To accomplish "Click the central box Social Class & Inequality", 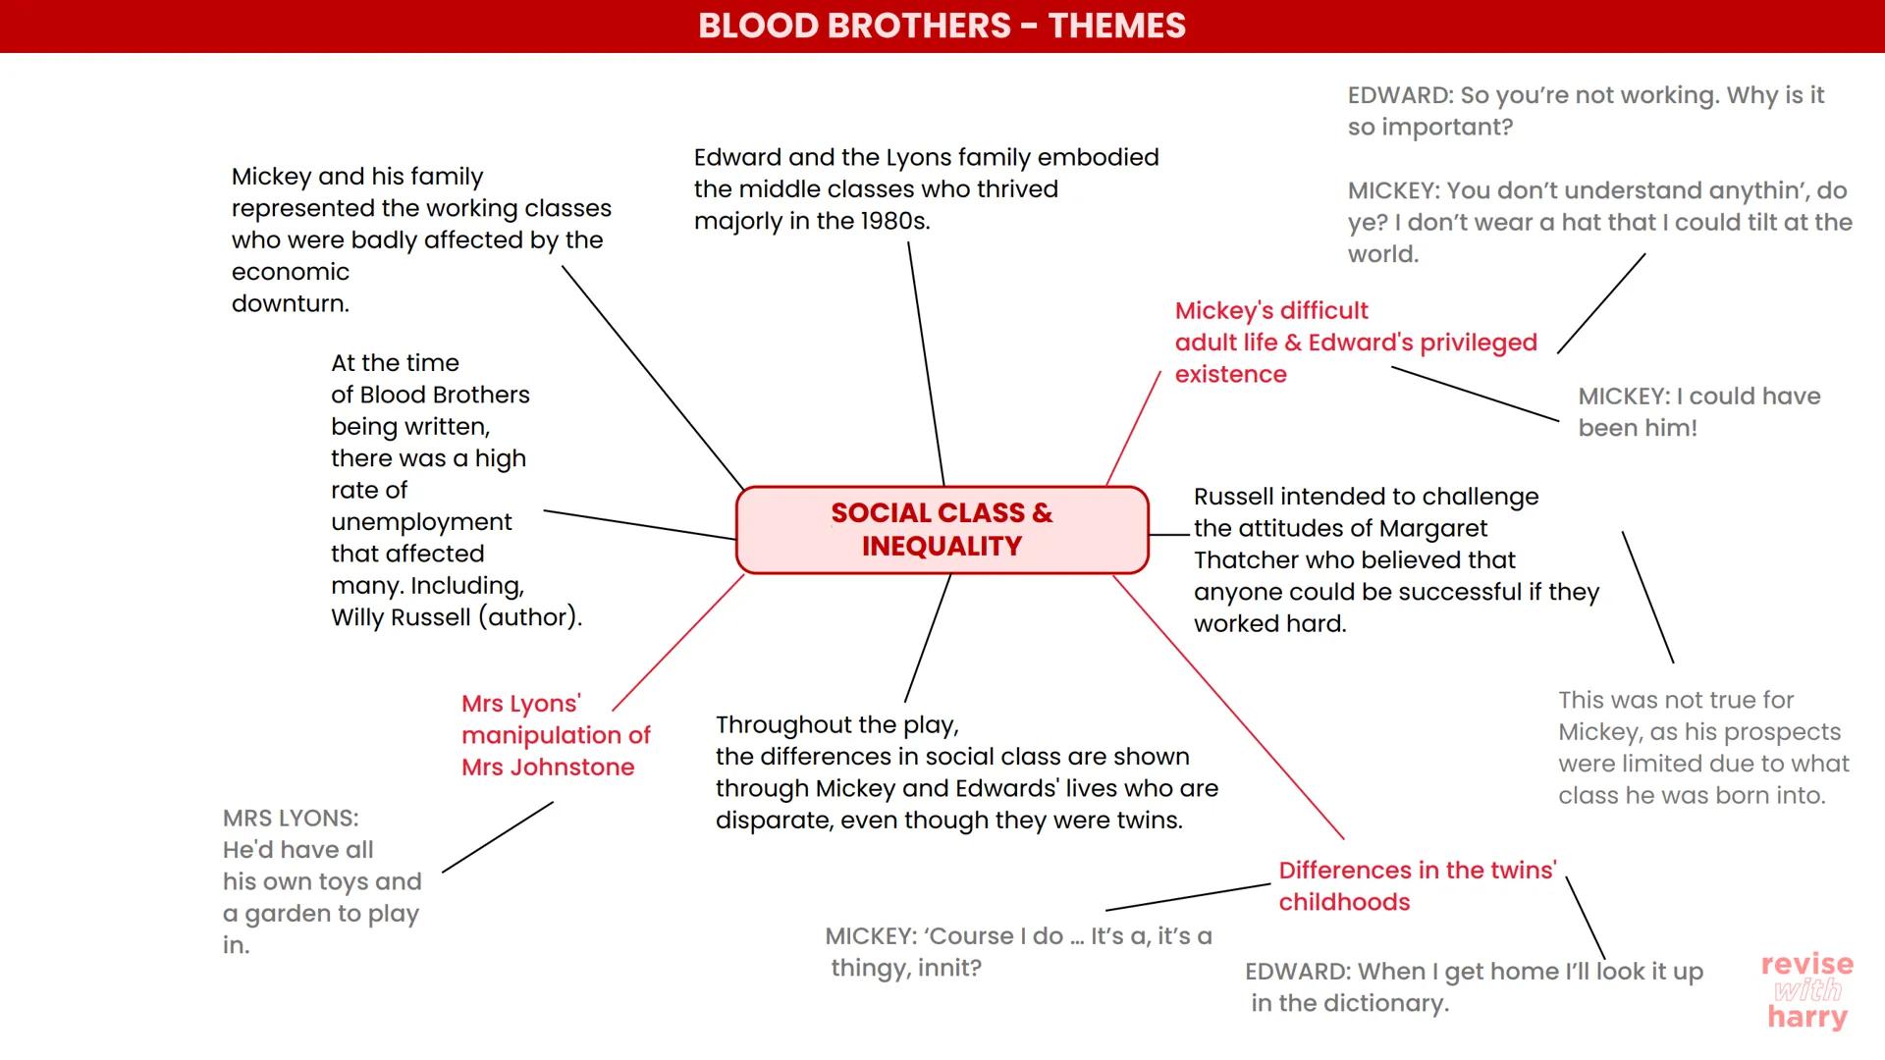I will pos(942,530).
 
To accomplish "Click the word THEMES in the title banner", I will pos(1116,26).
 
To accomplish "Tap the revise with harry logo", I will pos(1806,990).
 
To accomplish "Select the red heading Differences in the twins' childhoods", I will pos(1416,885).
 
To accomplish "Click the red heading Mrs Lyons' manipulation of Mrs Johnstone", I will pos(555,735).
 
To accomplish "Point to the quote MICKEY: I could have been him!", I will pos(1698,412).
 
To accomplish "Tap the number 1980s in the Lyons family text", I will pos(893,222).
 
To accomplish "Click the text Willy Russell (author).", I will pos(456,617).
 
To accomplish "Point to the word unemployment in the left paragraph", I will pos(421,522).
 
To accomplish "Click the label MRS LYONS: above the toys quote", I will pos(291,819).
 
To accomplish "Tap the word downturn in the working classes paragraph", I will pos(290,304).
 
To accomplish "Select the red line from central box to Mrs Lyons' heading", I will pos(677,642).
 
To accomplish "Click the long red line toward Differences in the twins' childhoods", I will pos(1227,707).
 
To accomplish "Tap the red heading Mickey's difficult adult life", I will pos(1355,343).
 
